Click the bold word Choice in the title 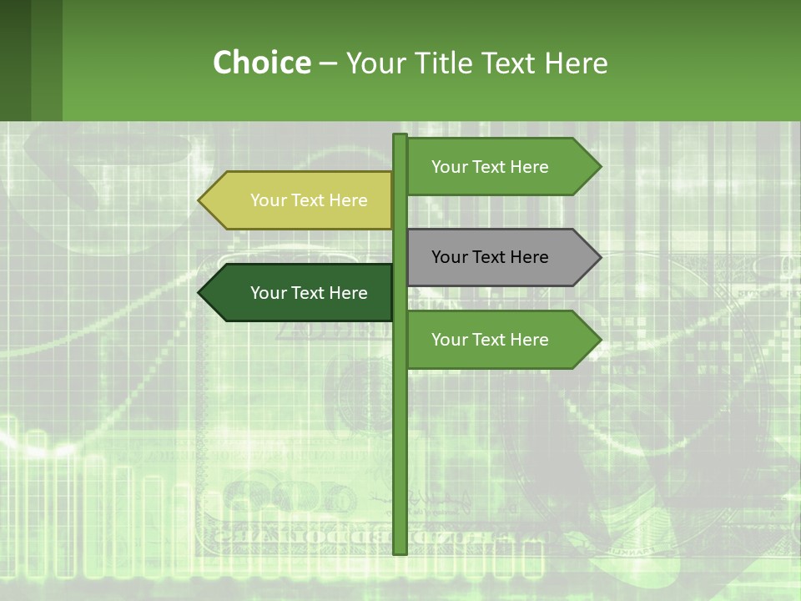click(261, 63)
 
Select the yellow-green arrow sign click(300, 200)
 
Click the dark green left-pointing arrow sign click(300, 293)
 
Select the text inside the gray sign click(490, 257)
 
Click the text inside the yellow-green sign click(309, 200)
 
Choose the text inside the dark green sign click(309, 293)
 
